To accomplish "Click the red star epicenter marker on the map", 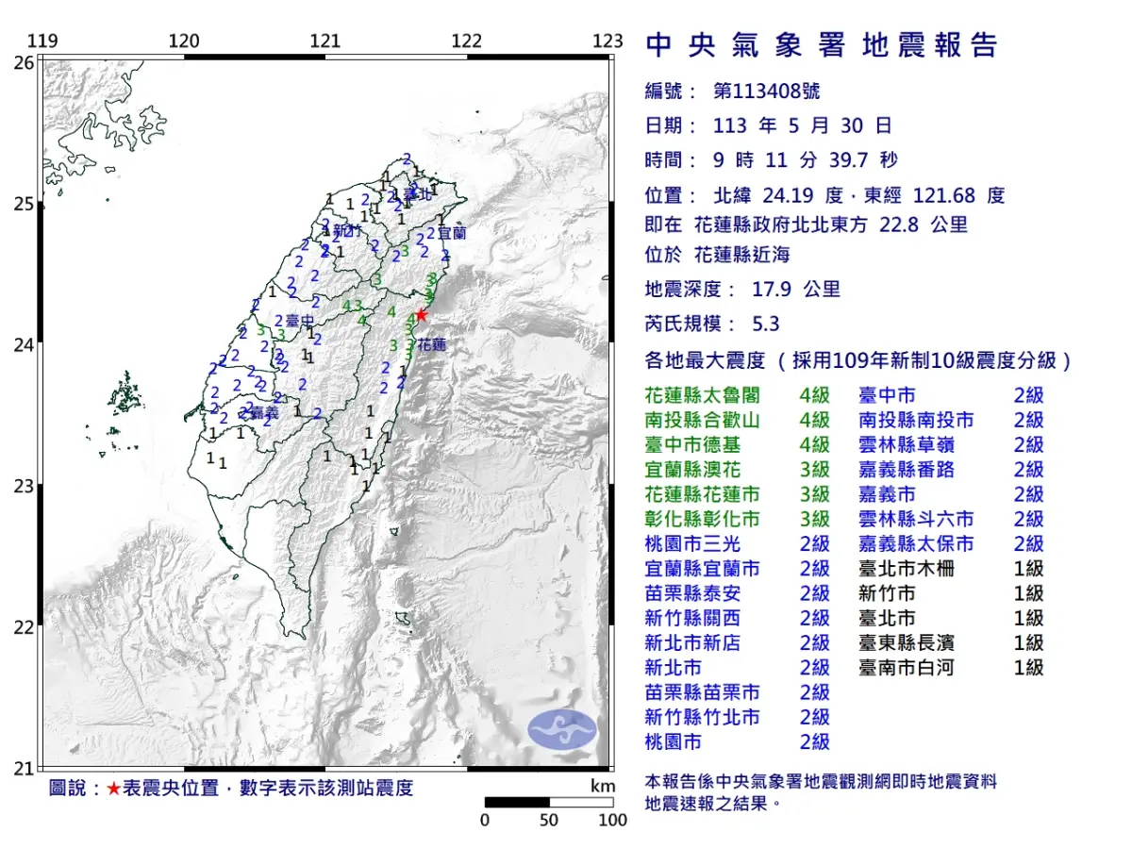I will tap(421, 315).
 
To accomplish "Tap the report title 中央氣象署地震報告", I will tap(821, 44).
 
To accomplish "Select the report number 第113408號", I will tap(766, 92).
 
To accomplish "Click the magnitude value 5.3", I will tap(765, 324).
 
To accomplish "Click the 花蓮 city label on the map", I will tap(432, 345).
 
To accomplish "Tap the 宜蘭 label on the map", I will tap(451, 231).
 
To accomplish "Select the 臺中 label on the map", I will tap(300, 321).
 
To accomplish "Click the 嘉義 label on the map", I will tap(265, 413).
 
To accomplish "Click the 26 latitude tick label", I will tap(23, 62).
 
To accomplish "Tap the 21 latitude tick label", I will tap(23, 768).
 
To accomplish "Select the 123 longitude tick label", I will tap(608, 41).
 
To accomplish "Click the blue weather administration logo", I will tap(562, 729).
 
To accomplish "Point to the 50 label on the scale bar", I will tap(549, 820).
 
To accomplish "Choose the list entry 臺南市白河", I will tap(906, 667).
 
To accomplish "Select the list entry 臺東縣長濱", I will tap(906, 642).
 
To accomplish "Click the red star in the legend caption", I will tap(113, 789).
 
